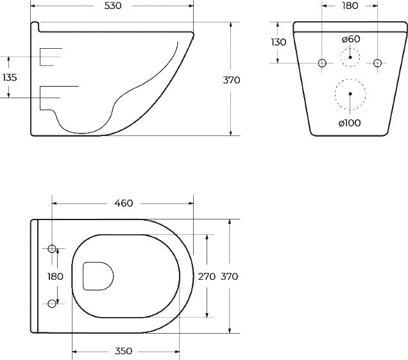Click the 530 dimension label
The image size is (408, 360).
(x=113, y=6)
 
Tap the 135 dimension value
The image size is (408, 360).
(x=10, y=77)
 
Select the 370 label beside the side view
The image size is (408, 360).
(x=232, y=80)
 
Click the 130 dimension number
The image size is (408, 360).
(x=278, y=42)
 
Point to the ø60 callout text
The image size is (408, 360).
(x=351, y=39)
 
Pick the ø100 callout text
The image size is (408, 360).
(x=350, y=123)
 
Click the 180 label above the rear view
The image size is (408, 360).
(x=350, y=6)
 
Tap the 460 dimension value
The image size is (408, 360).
(x=124, y=203)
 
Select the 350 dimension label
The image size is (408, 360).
(x=123, y=351)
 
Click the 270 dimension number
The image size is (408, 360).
(x=207, y=277)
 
